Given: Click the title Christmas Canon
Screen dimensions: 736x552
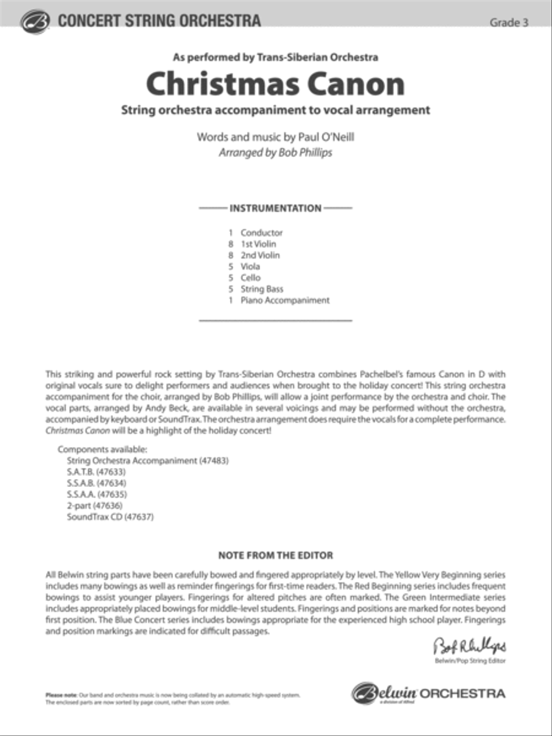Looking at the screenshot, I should [275, 84].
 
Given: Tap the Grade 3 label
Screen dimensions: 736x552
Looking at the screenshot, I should [508, 23].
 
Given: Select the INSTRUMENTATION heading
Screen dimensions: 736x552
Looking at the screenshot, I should [275, 208].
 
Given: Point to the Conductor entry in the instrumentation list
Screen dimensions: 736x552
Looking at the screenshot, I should [261, 232].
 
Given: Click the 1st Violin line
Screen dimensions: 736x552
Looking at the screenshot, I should [258, 243].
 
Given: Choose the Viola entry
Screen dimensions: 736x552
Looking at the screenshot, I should [250, 266].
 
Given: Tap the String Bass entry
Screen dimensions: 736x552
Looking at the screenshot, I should [262, 289].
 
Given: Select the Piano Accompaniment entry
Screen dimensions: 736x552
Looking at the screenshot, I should [285, 301].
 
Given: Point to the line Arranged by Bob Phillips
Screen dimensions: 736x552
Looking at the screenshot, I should [275, 152].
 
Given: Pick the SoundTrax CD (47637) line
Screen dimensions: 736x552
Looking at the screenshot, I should [110, 517].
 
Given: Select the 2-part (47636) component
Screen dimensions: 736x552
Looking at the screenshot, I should [95, 505].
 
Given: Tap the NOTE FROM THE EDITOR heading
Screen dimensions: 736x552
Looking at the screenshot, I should [275, 556].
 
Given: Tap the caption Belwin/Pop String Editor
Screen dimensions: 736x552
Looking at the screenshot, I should [470, 661].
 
